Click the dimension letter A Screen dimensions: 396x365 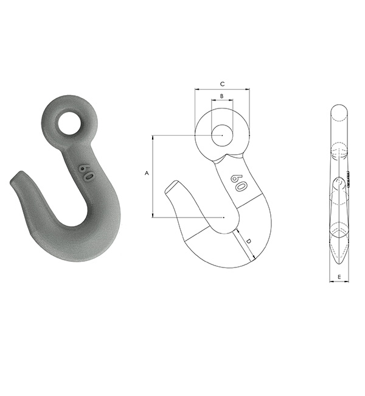tap(146, 174)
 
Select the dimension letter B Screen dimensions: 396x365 tap(222, 96)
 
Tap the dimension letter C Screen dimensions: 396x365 tap(222, 83)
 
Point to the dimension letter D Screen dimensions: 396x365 tap(249, 242)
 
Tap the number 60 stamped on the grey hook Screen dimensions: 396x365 tap(86, 173)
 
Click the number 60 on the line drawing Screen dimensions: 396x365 tap(237, 182)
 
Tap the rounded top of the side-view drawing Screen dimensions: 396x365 tap(339, 110)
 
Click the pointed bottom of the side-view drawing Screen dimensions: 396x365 tap(339, 261)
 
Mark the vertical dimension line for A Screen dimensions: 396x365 tap(153, 177)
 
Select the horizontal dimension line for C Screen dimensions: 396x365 tap(222, 90)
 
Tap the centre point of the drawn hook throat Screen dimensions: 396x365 tap(224, 217)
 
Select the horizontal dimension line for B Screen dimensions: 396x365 tap(222, 102)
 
